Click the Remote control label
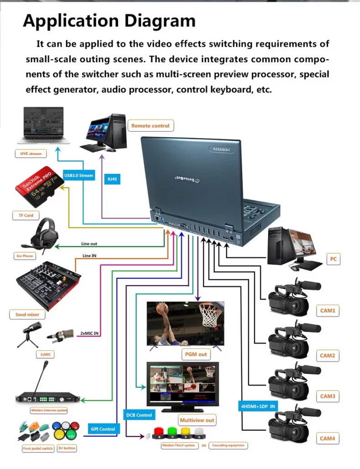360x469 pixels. [x=150, y=126]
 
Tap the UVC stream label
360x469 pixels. [x=31, y=154]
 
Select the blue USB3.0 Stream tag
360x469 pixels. [x=78, y=175]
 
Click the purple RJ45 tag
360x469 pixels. [x=112, y=179]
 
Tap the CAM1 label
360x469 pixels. [x=327, y=311]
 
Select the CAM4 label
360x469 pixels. [x=327, y=438]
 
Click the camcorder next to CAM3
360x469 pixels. [x=292, y=380]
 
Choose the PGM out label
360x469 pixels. [x=196, y=354]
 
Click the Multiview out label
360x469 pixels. [x=197, y=420]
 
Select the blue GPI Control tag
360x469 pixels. [x=103, y=428]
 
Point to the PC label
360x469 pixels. [x=333, y=259]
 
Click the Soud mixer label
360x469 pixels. [x=27, y=315]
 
